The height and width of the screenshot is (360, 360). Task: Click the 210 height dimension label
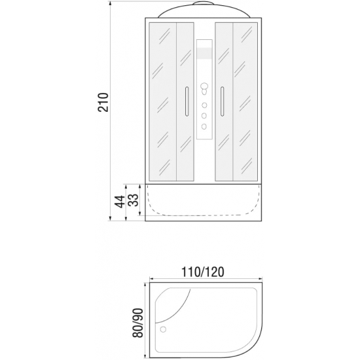point(103,102)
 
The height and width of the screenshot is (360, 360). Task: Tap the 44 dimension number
point(120,202)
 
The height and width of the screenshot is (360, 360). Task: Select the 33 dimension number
point(134,200)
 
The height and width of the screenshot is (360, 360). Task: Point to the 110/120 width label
point(203,272)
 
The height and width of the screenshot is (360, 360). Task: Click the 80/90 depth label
point(137,323)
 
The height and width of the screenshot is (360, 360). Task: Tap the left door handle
point(187,101)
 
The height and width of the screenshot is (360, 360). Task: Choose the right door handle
point(222,101)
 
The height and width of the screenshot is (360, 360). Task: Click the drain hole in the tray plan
point(163,329)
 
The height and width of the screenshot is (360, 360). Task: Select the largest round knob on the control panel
point(204,86)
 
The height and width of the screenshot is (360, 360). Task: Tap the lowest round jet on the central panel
point(204,126)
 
